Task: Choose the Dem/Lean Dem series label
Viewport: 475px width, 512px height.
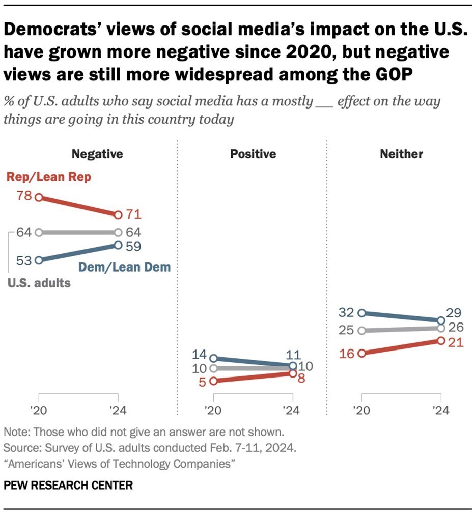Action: pos(124,266)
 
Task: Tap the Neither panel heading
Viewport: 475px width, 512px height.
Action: pos(401,154)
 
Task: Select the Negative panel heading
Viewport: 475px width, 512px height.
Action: pos(97,154)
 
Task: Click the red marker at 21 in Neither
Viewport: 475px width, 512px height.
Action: pos(440,340)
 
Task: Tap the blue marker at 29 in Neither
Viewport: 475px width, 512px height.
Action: pos(440,320)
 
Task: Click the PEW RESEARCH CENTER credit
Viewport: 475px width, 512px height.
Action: pos(68,485)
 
